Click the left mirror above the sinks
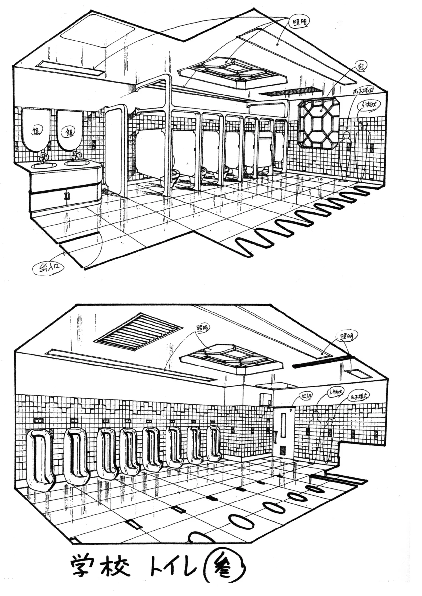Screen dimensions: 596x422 (x=36, y=130)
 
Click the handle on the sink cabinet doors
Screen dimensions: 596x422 (x=66, y=196)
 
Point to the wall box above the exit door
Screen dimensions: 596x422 (x=265, y=399)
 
